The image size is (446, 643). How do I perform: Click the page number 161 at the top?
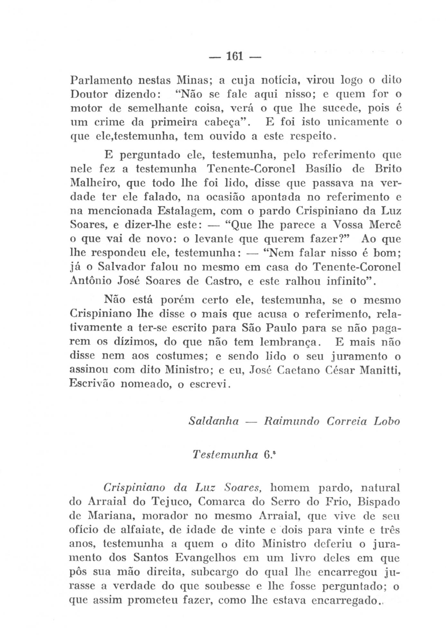[x=235, y=58]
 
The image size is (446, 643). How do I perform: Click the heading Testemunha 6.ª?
[x=234, y=455]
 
